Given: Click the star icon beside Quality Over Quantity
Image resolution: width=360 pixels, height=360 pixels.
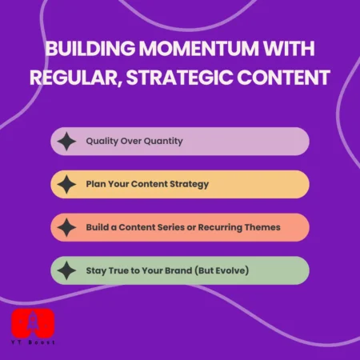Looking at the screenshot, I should click(x=67, y=142).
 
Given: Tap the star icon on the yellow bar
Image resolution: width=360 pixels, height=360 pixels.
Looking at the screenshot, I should click(x=67, y=185).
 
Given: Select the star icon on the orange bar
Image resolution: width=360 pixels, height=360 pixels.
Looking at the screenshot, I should click(x=67, y=227).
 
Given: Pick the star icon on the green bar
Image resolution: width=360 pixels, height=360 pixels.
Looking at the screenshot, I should click(x=67, y=270).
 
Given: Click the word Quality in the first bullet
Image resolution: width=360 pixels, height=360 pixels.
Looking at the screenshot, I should click(x=102, y=141).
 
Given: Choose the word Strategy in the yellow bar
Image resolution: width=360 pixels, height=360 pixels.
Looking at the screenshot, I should click(x=187, y=184).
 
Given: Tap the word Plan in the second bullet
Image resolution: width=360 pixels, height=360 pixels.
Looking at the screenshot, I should click(x=96, y=184).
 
